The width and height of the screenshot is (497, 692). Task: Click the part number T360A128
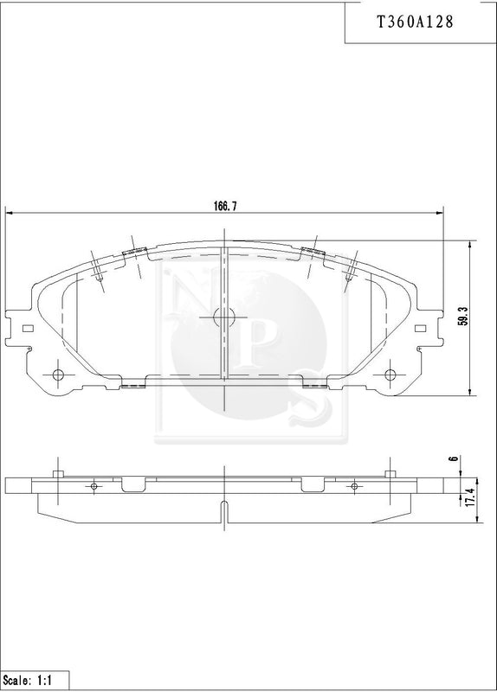415,22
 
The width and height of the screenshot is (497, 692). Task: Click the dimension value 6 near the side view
453,458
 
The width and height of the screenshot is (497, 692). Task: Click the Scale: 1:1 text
28,680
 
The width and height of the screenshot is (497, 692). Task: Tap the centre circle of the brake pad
223,317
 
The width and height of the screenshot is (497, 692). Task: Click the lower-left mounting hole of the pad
58,375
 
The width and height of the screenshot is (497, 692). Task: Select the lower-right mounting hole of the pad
390,375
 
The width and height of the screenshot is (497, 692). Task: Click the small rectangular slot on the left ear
28,329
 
